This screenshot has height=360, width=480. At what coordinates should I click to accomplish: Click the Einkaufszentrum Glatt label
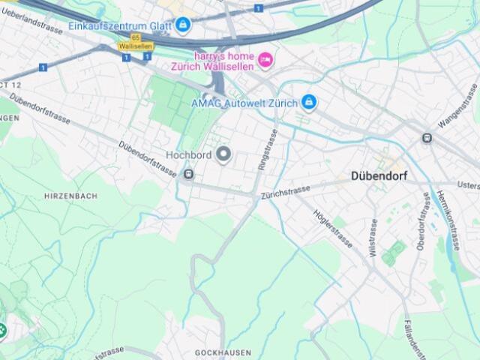(x=119, y=25)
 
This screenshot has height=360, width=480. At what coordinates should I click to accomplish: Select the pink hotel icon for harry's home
(x=265, y=59)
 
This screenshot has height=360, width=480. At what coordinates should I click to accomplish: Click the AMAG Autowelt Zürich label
(x=244, y=103)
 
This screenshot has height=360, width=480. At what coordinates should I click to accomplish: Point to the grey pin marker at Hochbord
(x=223, y=154)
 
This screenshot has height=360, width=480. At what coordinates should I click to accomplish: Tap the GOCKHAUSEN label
(x=223, y=352)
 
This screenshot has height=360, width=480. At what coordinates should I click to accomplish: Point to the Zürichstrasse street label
(x=285, y=192)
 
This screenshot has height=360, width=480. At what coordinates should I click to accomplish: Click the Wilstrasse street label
(x=373, y=237)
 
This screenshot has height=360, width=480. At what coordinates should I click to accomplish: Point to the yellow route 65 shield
(x=135, y=37)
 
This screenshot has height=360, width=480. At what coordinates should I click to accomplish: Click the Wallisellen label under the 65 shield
(x=136, y=46)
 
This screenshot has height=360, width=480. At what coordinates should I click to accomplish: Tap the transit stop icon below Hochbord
(x=187, y=175)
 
